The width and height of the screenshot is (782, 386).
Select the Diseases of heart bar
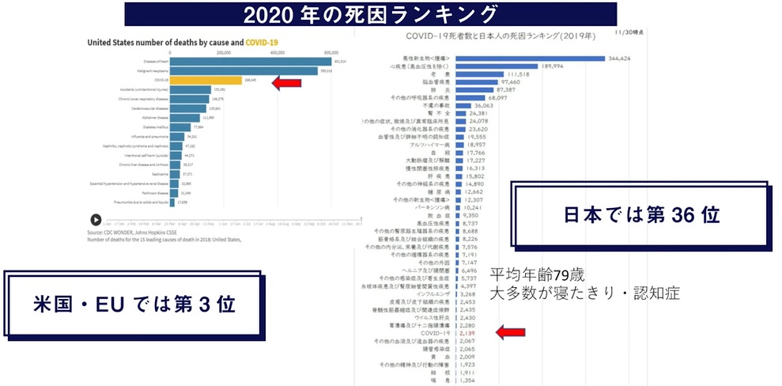(250, 61)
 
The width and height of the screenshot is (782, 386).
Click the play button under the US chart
(95, 220)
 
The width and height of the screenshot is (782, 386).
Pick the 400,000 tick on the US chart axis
(278, 52)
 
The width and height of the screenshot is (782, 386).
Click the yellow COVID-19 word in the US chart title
(262, 42)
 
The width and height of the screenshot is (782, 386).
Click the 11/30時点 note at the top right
(633, 33)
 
